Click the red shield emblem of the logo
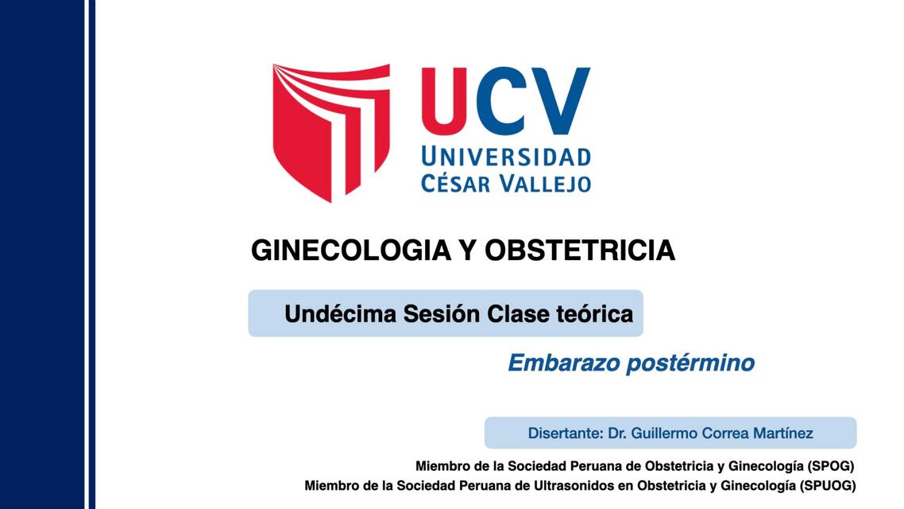tap(330, 127)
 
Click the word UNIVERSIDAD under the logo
tap(506, 156)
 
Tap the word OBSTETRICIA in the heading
tap(580, 251)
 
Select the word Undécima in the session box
tap(340, 313)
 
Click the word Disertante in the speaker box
tap(564, 433)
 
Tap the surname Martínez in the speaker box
tap(779, 433)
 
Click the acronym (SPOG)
tap(831, 466)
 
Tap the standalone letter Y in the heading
tap(466, 251)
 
